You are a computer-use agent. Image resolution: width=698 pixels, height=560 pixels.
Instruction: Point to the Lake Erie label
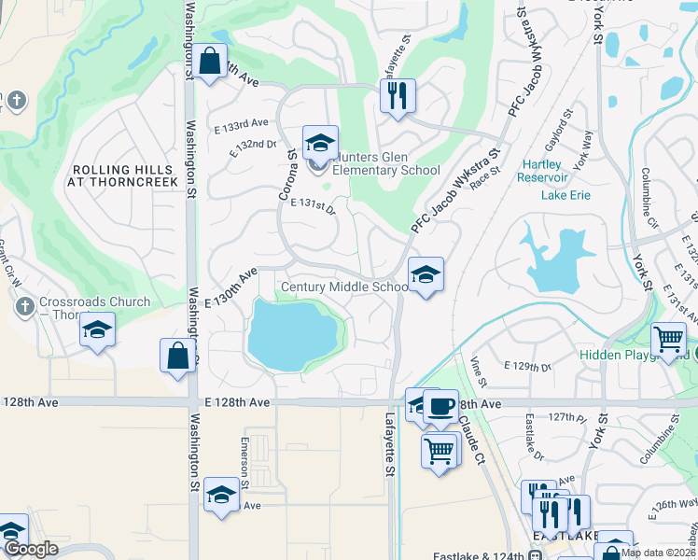click(566, 194)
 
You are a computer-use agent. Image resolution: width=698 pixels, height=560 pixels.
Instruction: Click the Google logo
click(31, 550)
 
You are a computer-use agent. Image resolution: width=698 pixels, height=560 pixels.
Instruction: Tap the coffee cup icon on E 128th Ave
click(440, 406)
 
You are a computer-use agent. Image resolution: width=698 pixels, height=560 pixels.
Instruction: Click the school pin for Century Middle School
click(426, 274)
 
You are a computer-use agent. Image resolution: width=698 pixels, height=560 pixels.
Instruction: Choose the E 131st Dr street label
click(313, 204)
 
